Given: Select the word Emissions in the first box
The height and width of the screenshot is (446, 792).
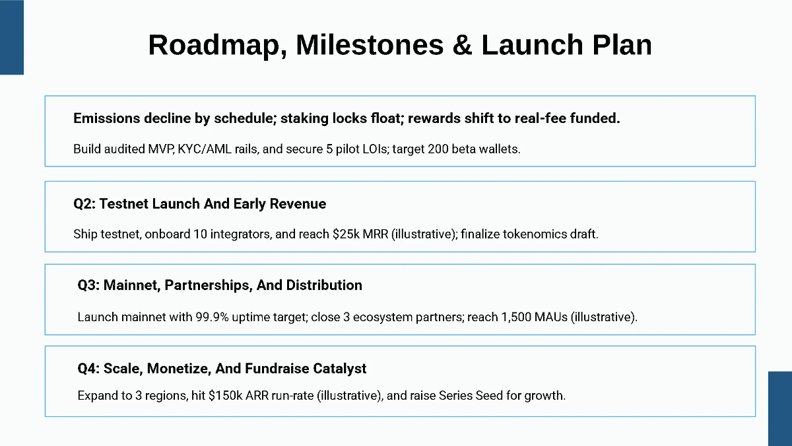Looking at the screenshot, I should [x=106, y=119].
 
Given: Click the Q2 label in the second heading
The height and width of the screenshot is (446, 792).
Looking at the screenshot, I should [x=84, y=204].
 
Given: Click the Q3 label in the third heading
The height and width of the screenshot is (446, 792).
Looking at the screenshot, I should [x=88, y=285].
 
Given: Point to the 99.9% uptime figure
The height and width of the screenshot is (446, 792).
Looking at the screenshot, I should [x=224, y=317].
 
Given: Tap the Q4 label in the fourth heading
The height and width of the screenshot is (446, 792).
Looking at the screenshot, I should [x=88, y=368].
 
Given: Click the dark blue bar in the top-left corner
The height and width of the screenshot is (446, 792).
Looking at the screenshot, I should [x=11, y=37].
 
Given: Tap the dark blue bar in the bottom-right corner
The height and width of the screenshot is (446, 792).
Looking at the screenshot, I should [x=779, y=408].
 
